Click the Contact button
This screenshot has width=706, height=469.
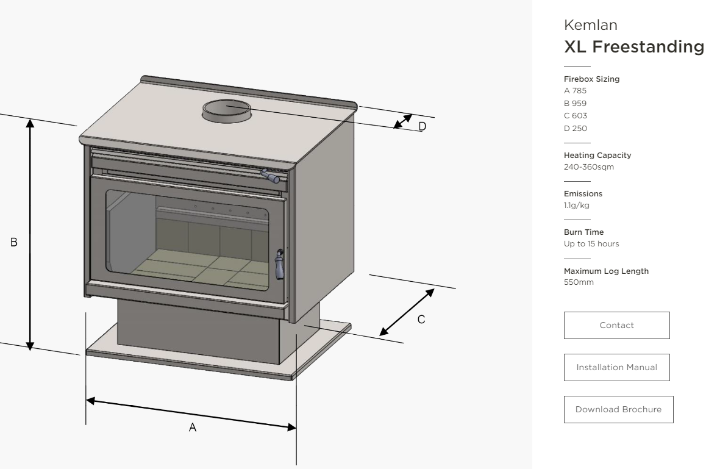click(x=616, y=325)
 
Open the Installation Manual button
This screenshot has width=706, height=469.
click(x=616, y=367)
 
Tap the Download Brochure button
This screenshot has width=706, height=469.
click(x=618, y=409)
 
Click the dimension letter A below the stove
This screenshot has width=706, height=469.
click(x=192, y=428)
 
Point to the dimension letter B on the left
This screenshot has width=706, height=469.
click(x=13, y=242)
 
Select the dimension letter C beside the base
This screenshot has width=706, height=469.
click(x=421, y=319)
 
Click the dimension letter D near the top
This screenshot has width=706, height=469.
click(x=422, y=126)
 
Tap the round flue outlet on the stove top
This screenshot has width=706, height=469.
click(x=226, y=111)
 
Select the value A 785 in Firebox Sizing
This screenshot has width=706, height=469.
click(x=576, y=91)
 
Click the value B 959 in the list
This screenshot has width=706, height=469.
click(x=576, y=104)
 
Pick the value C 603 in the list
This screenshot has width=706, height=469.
click(x=576, y=116)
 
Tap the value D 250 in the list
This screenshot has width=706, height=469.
click(x=576, y=128)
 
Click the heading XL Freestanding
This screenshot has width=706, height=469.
click(x=634, y=46)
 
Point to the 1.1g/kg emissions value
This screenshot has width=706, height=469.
click(x=577, y=206)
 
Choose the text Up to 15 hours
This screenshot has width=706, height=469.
click(x=591, y=244)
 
